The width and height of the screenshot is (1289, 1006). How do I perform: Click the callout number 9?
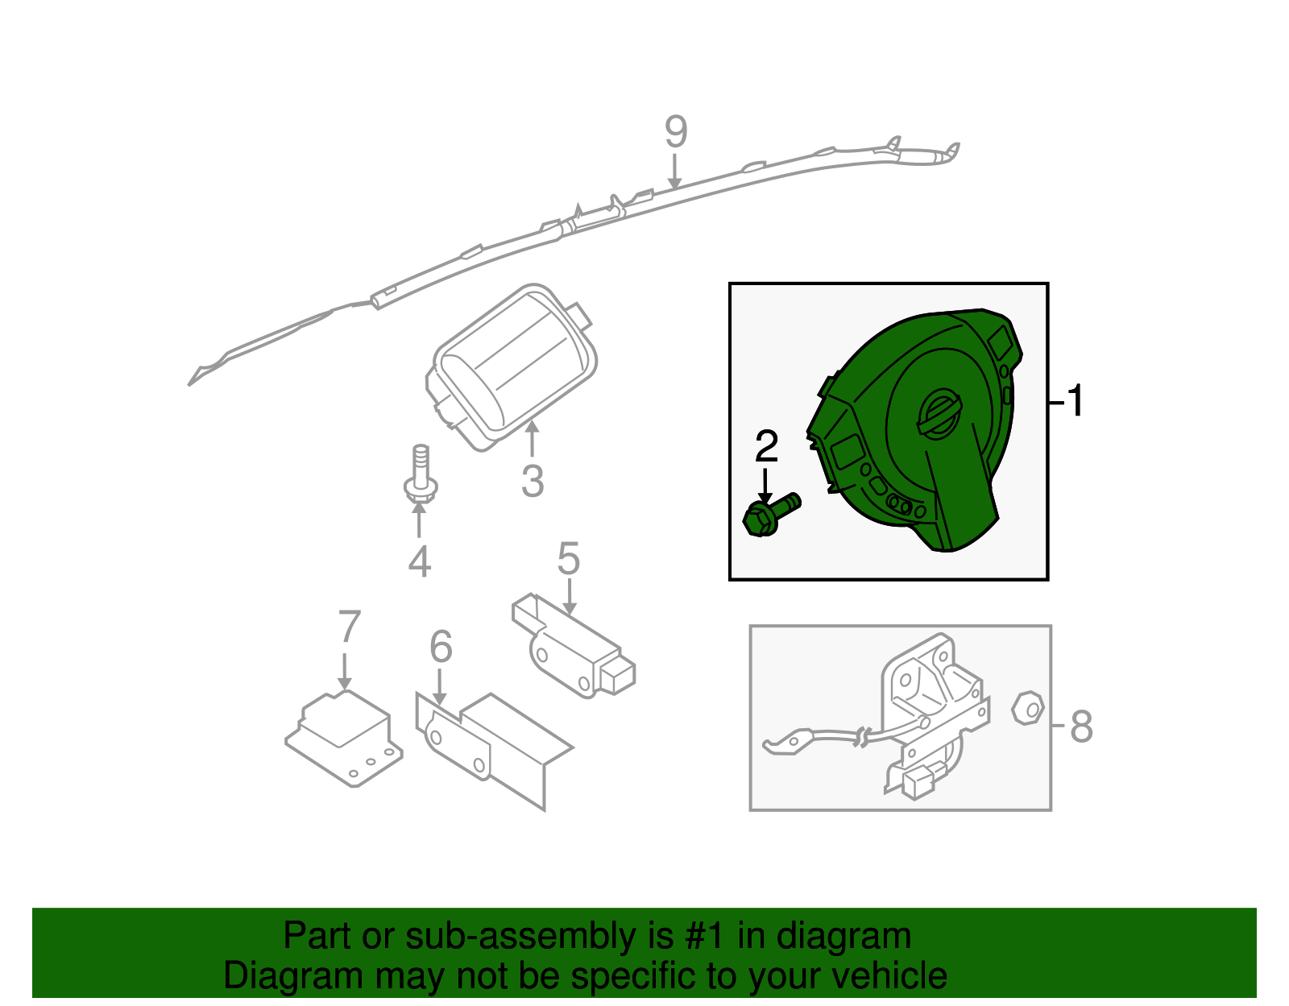pos(676,131)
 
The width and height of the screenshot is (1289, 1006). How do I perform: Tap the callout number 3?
pos(532,481)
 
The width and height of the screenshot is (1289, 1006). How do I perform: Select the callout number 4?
pos(420,561)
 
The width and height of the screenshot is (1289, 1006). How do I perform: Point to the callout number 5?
pos(568,558)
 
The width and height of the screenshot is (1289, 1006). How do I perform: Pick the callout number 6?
pos(441,646)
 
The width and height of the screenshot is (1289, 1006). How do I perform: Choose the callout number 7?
pos(349,627)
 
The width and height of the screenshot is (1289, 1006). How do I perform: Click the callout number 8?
pos(1081,726)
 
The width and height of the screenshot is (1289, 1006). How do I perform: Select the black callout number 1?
pos(1075,401)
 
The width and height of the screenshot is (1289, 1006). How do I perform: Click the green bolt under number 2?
pos(769,515)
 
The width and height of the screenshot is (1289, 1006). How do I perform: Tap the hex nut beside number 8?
pos(1028,708)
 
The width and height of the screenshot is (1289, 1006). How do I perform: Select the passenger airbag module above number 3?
pos(512,367)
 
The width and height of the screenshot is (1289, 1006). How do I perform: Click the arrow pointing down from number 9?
pos(674,172)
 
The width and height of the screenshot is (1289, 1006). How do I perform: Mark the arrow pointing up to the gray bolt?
pos(419,519)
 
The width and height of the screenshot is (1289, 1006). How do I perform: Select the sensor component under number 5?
pos(573,646)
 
